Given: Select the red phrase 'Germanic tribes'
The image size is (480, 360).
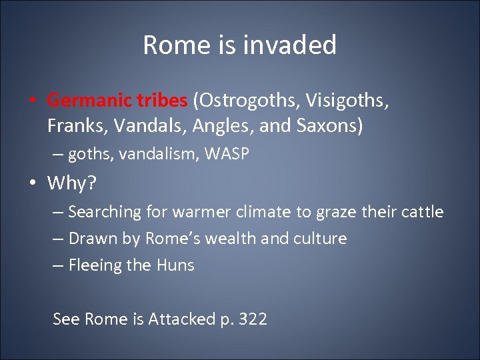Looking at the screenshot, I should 117,101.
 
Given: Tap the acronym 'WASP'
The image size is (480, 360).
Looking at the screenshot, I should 227,154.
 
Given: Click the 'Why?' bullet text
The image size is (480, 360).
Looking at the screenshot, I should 73,182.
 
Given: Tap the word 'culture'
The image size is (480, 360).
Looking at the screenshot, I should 323,239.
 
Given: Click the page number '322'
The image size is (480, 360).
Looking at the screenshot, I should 253,319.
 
